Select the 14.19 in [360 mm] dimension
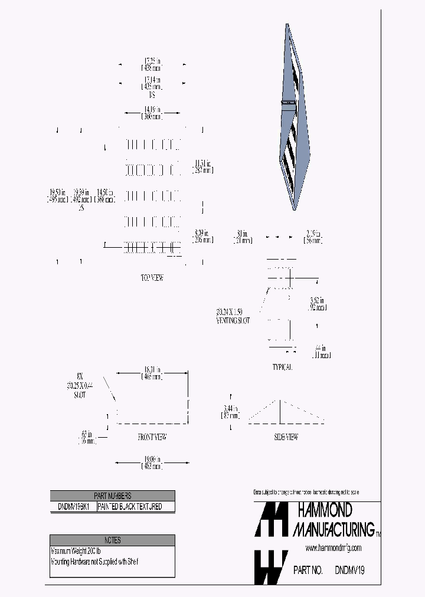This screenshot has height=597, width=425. click(152, 113)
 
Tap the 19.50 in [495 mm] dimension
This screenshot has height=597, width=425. click(57, 196)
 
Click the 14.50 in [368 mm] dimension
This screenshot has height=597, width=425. click(105, 196)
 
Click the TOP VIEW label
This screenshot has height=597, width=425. click(152, 278)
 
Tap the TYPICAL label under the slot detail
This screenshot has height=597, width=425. click(282, 367)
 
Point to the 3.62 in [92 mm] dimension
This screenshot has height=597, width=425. click(317, 304)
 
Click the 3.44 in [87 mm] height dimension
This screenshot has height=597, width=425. click(230, 412)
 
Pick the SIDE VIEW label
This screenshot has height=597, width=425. click(286, 437)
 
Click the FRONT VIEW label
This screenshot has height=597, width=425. click(152, 437)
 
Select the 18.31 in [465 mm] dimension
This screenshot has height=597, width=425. click(152, 373)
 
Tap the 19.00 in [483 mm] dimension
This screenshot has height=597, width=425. click(152, 463)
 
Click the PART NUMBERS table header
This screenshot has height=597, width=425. click(112, 496)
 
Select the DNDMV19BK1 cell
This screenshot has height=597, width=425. click(73, 507)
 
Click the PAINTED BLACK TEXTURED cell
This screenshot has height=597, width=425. click(129, 507)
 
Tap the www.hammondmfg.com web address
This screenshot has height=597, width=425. click(334, 549)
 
